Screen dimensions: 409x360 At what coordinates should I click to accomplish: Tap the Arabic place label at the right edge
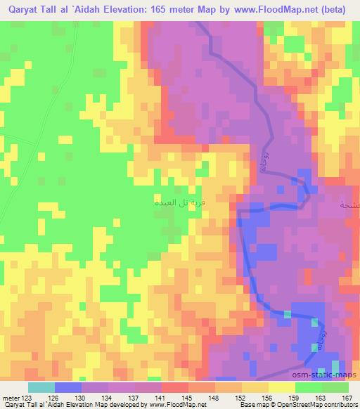click(349, 205)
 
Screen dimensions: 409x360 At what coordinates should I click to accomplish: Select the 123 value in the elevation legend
click(25, 397)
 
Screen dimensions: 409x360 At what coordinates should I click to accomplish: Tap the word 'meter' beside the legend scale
click(9, 397)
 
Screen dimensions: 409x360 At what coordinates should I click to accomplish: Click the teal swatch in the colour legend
click(41, 387)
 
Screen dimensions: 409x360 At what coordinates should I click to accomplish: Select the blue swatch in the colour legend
click(68, 387)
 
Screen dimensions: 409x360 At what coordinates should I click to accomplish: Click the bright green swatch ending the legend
click(335, 387)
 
